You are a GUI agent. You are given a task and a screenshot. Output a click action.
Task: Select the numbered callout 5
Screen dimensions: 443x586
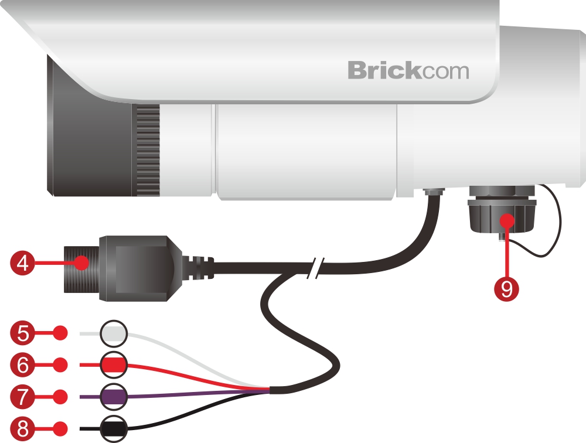pyautogui.click(x=22, y=334)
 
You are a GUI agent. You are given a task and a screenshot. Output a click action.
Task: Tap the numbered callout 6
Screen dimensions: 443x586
pyautogui.click(x=22, y=365)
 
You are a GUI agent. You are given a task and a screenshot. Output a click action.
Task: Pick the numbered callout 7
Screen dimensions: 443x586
pyautogui.click(x=22, y=397)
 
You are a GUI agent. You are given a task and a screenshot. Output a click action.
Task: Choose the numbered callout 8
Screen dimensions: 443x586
pyautogui.click(x=22, y=428)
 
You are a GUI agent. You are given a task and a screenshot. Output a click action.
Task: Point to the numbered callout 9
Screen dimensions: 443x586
pyautogui.click(x=506, y=288)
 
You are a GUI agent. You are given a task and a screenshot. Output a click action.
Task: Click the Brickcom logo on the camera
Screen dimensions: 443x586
pyautogui.click(x=408, y=70)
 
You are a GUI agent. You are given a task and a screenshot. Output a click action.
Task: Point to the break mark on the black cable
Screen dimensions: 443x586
pyautogui.click(x=315, y=267)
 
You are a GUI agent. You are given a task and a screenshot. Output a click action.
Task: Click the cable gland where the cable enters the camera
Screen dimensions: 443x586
pyautogui.click(x=433, y=192)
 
